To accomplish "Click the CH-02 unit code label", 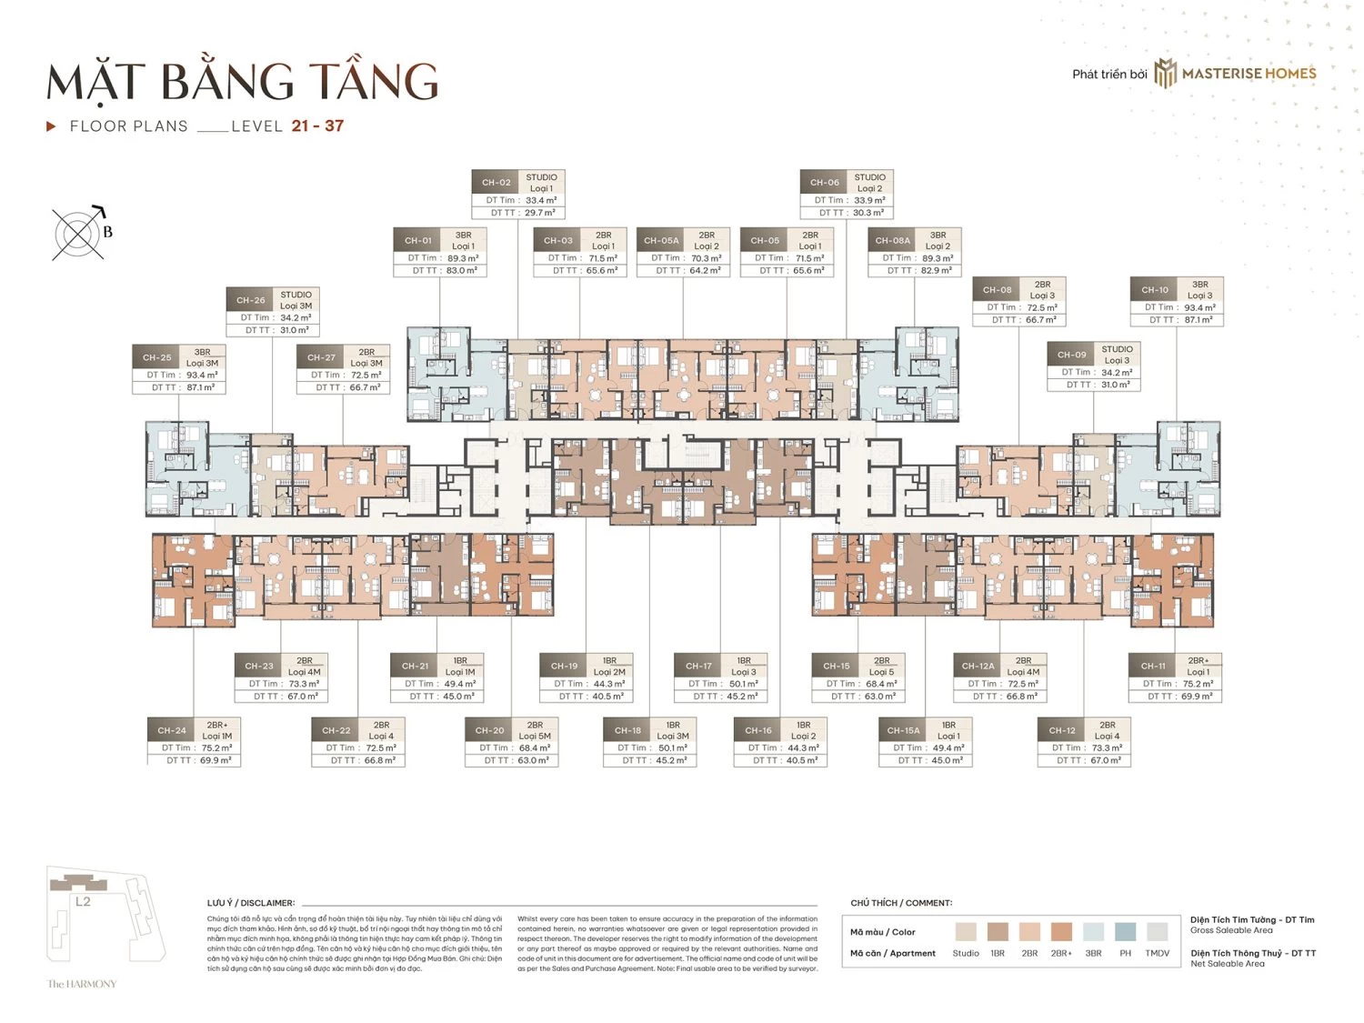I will pyautogui.click(x=496, y=182).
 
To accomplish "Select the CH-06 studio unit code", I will pyautogui.click(x=824, y=182).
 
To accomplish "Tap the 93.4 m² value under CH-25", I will pyautogui.click(x=202, y=375).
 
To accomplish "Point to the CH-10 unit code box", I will pyautogui.click(x=1155, y=290).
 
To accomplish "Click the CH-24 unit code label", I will pyautogui.click(x=172, y=730).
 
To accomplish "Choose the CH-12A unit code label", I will pyautogui.click(x=978, y=666).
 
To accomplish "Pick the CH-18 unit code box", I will pyautogui.click(x=627, y=730).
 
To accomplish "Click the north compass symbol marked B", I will pyautogui.click(x=78, y=234).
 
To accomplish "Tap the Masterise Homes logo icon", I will pyautogui.click(x=1165, y=74).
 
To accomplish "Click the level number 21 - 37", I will pyautogui.click(x=317, y=126).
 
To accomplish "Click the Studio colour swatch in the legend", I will pyautogui.click(x=966, y=931).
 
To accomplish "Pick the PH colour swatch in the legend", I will pyautogui.click(x=1125, y=931).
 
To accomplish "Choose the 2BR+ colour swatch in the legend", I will pyautogui.click(x=1061, y=931).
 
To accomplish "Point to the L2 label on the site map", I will pyautogui.click(x=83, y=902).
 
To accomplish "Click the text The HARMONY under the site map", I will pyautogui.click(x=82, y=984).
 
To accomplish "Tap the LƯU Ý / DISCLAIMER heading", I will pyautogui.click(x=251, y=903).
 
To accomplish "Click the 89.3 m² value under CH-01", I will pyautogui.click(x=463, y=258).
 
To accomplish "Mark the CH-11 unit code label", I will pyautogui.click(x=1153, y=666).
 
